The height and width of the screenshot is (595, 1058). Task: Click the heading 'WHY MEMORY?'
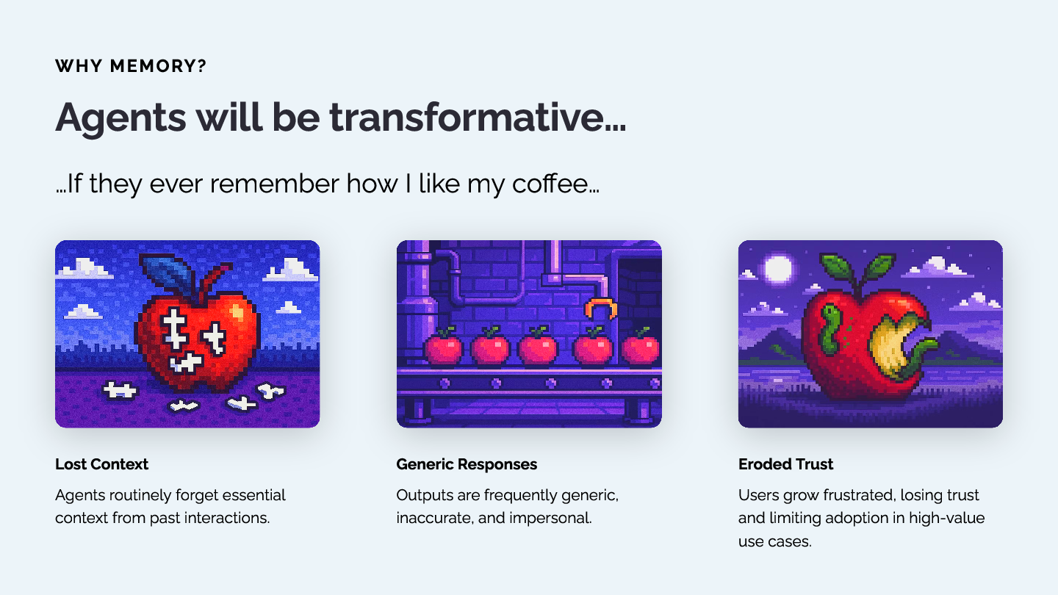[131, 65]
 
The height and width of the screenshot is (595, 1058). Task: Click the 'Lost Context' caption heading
[101, 464]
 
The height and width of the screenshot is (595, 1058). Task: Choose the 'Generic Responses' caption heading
[467, 464]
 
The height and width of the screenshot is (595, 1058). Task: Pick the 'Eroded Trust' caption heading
[785, 464]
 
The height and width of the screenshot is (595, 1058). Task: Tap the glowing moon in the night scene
[777, 269]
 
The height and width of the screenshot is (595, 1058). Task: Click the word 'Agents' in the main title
[120, 118]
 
